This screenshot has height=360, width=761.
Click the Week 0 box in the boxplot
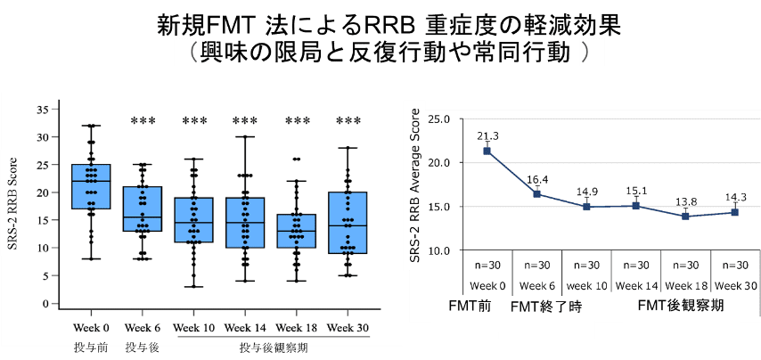point(92,186)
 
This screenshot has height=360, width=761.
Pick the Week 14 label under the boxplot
point(244,327)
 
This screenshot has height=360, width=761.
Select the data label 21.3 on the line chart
point(487,135)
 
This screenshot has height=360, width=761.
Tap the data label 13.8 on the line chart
point(685,203)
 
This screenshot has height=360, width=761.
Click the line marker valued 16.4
point(536,193)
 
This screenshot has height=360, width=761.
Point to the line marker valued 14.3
point(734,212)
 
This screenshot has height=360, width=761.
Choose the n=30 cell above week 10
point(585,265)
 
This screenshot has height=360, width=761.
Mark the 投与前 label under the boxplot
point(91,346)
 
